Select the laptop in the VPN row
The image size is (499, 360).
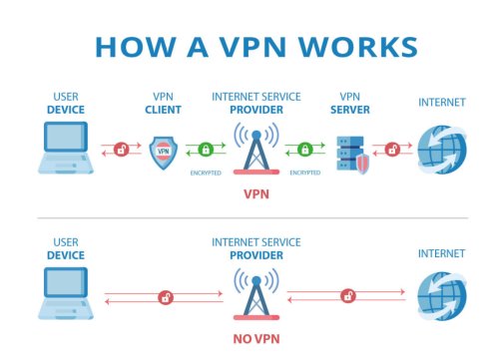[x=66, y=150]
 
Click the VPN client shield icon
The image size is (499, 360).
[x=164, y=152]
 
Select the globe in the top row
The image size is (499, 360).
[x=440, y=150]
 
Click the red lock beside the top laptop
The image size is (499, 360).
[x=121, y=150]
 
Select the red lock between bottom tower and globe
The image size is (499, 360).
[x=347, y=295]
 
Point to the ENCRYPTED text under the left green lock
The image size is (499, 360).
[x=205, y=173]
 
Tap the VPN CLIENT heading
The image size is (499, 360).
[x=163, y=103]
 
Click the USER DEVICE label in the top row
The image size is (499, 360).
[x=66, y=103]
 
